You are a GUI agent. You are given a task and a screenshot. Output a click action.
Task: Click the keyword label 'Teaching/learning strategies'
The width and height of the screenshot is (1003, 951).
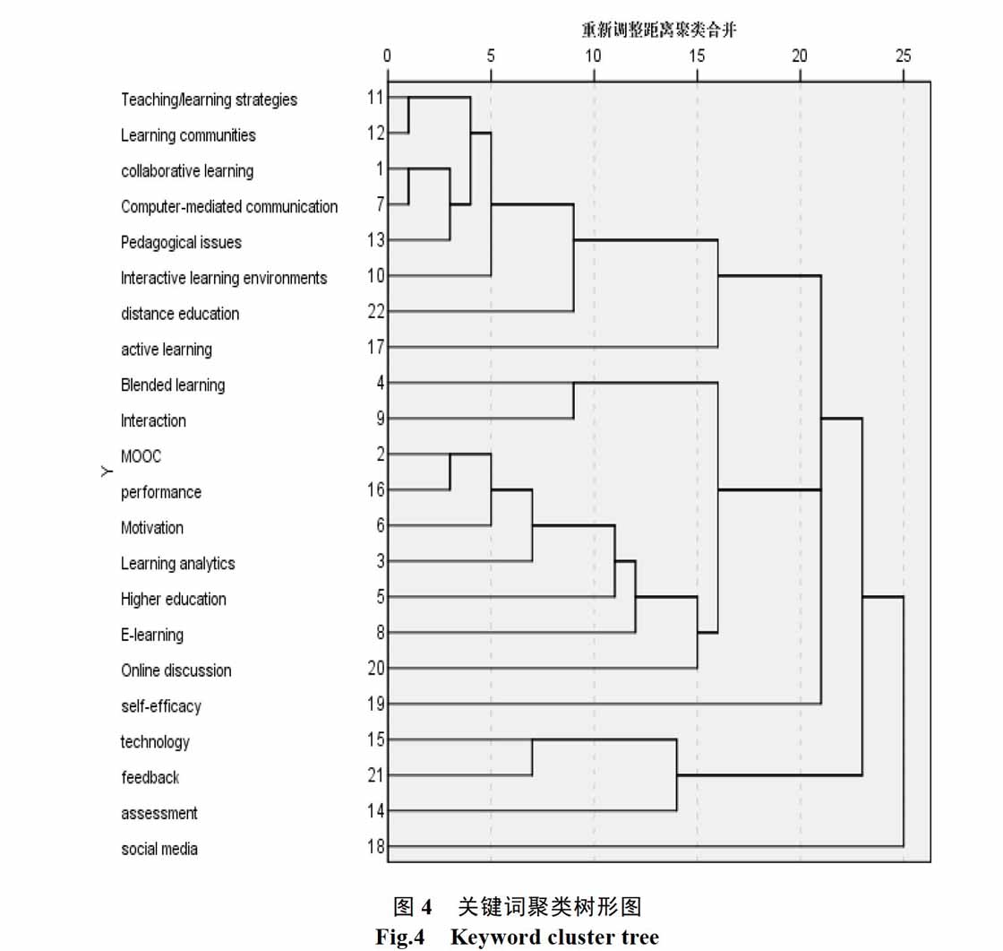pyautogui.click(x=210, y=99)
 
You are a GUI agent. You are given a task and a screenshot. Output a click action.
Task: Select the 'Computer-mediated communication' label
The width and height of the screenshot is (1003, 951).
pyautogui.click(x=229, y=207)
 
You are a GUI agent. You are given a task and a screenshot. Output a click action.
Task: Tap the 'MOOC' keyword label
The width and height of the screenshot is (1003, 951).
pyautogui.click(x=141, y=456)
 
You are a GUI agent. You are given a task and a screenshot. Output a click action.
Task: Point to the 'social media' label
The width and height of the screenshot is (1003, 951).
pyautogui.click(x=159, y=849)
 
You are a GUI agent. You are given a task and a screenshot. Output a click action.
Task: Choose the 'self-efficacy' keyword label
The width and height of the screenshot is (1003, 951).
pyautogui.click(x=161, y=706)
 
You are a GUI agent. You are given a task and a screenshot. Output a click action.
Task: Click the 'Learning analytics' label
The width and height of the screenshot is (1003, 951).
pyautogui.click(x=178, y=564)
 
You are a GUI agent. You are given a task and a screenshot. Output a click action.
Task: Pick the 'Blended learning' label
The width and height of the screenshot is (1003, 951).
pyautogui.click(x=173, y=385)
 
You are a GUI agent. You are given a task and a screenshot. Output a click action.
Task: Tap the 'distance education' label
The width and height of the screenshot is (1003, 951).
pyautogui.click(x=180, y=314)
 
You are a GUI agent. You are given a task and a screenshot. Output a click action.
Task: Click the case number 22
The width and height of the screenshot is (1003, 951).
pyautogui.click(x=376, y=312)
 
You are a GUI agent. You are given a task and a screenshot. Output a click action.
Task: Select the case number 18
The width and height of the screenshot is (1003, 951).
pyautogui.click(x=376, y=847)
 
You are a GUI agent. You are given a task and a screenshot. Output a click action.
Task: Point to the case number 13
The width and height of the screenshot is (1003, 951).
pyautogui.click(x=376, y=240)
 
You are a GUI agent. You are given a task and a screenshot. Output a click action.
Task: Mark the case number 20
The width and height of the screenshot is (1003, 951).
pyautogui.click(x=376, y=668)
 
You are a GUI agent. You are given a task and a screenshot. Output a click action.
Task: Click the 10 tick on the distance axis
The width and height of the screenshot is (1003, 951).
pyautogui.click(x=593, y=56)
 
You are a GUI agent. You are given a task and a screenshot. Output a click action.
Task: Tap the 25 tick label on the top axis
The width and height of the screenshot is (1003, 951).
pyautogui.click(x=903, y=56)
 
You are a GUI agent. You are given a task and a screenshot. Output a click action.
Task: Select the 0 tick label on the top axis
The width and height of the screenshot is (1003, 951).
pyautogui.click(x=387, y=56)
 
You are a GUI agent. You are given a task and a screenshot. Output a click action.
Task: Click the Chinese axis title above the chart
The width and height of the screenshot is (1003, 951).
pyautogui.click(x=659, y=30)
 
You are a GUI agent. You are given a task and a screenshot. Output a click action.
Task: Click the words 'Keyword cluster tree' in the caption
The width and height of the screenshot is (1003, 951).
pyautogui.click(x=554, y=937)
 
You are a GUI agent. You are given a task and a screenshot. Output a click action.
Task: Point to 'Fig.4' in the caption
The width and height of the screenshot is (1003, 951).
pyautogui.click(x=399, y=937)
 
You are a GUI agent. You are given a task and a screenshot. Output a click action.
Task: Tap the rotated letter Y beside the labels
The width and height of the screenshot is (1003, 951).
pyautogui.click(x=107, y=472)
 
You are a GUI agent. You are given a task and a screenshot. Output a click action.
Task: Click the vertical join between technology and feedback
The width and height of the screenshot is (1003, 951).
pyautogui.click(x=532, y=757)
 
